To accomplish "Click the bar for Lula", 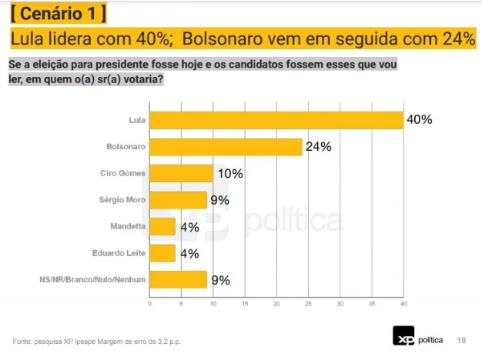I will tap(276, 120).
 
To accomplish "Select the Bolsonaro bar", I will tap(226, 146).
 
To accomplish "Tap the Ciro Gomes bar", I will tap(181, 173).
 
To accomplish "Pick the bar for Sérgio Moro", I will tap(178, 200).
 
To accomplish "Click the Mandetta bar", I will tap(162, 227).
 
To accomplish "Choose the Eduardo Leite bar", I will tap(162, 253).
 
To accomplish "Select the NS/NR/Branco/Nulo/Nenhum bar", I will tap(178, 280).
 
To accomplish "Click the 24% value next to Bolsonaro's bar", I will tap(318, 147).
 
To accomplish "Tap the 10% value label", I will tap(229, 174).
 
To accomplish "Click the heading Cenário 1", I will tap(59, 14).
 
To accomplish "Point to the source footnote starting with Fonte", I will tap(98, 341).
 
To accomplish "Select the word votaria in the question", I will tap(144, 80).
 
